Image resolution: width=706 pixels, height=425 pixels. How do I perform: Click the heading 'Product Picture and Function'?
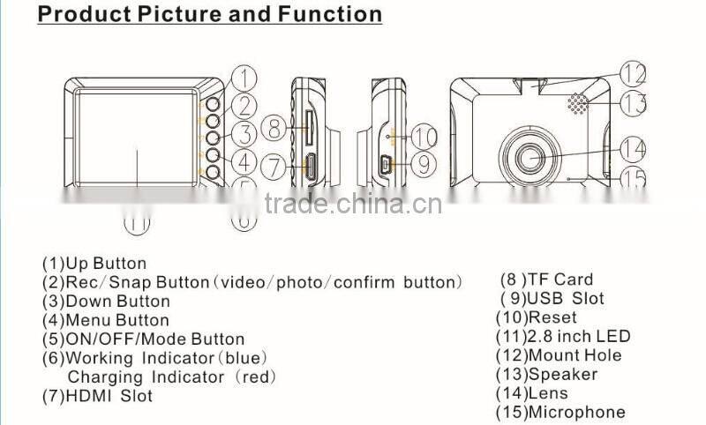point(210,15)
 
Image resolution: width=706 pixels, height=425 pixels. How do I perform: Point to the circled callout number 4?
point(245,162)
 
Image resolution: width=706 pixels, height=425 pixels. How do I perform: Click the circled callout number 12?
point(632,72)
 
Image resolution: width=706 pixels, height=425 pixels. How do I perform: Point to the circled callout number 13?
point(632,103)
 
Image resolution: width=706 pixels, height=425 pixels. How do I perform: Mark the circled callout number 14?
point(632,147)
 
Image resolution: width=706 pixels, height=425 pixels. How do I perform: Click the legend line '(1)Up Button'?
point(94,264)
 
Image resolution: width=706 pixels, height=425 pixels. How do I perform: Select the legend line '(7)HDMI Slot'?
point(98,396)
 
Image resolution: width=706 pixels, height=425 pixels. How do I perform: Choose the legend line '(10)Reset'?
point(536,317)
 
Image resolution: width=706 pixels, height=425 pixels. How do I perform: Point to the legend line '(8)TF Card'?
point(547,280)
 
